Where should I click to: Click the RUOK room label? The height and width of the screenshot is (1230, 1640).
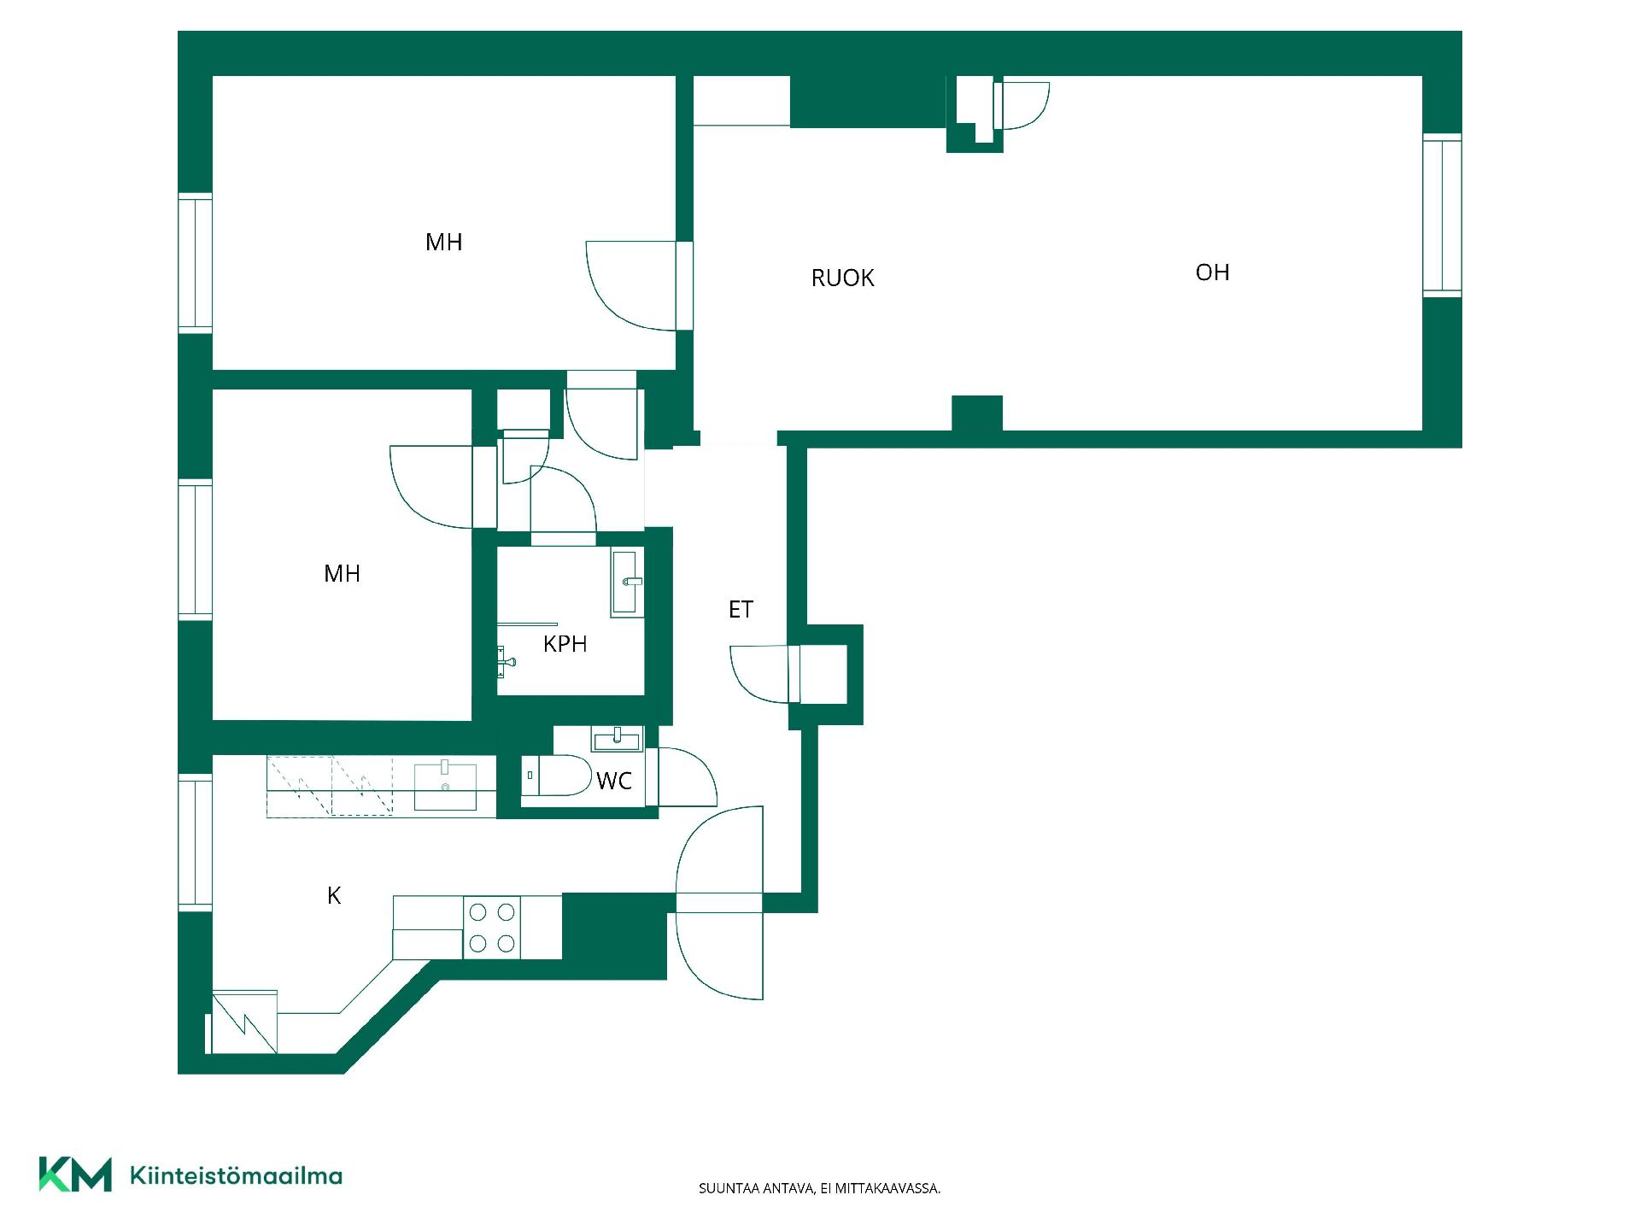click(x=842, y=278)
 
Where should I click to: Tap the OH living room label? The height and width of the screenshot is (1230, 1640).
click(x=1212, y=272)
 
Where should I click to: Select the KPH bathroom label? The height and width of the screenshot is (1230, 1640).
click(x=565, y=644)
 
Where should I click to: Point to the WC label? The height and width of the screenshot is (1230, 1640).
click(x=614, y=781)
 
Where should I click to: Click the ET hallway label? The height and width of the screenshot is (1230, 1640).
click(x=741, y=610)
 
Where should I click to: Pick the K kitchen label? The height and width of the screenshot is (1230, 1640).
click(x=334, y=895)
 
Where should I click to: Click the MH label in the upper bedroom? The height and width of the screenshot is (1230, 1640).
click(x=443, y=243)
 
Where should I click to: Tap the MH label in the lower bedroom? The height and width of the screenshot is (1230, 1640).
click(x=342, y=574)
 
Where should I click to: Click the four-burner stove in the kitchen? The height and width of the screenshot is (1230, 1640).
click(x=492, y=928)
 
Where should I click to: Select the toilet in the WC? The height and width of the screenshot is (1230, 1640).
click(x=556, y=776)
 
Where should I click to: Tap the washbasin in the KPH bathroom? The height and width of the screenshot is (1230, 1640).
click(x=627, y=583)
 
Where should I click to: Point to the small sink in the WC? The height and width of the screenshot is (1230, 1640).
click(x=617, y=739)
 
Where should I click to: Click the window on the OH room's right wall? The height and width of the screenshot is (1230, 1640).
click(x=1442, y=214)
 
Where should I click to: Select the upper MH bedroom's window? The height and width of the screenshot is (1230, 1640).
click(x=195, y=263)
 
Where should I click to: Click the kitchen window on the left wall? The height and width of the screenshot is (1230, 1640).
click(x=195, y=843)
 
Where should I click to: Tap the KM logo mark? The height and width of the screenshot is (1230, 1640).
click(x=75, y=1174)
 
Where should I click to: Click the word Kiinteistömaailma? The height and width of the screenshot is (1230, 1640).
click(x=236, y=1175)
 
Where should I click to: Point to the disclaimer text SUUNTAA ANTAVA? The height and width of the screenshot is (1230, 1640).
click(x=755, y=1188)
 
